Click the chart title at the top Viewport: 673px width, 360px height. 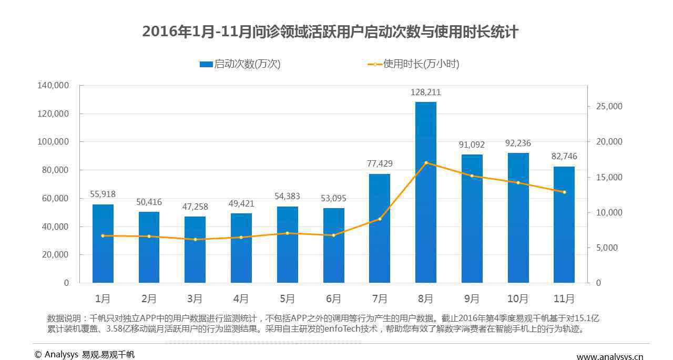coord(330,32)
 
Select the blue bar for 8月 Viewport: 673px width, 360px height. coord(425,192)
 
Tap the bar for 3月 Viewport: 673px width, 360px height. coord(195,250)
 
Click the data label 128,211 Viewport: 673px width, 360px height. coord(425,92)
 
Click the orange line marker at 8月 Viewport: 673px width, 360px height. coord(426,163)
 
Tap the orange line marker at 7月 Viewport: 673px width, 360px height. coord(380,219)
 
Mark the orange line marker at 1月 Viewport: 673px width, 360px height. coord(103,236)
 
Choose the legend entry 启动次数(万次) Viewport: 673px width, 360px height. coord(240,64)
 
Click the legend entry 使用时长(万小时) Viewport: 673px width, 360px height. coord(414,64)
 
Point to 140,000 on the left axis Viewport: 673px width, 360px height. coord(53,85)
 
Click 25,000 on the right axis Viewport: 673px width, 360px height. coord(608,107)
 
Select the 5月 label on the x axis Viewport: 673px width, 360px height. coord(287,299)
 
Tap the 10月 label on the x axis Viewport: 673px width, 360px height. coord(518,299)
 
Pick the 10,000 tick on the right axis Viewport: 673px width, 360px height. coord(608,212)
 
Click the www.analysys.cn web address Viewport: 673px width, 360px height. coord(610,356)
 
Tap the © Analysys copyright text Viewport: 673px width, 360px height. coord(85,355)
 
